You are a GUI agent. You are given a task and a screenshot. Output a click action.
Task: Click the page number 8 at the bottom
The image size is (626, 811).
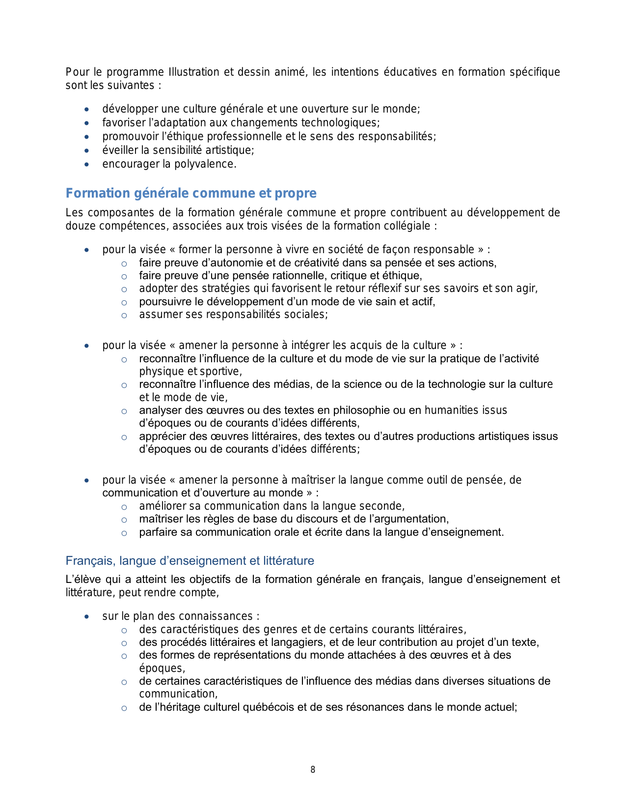coord(313,770)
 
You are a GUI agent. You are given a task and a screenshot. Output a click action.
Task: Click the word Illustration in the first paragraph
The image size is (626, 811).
coord(194,72)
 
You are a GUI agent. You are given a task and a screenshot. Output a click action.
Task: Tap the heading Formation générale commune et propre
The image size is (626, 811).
coord(191,193)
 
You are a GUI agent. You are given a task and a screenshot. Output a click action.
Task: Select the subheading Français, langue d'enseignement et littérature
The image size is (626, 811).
coord(190,561)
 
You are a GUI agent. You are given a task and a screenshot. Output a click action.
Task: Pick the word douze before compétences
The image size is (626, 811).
coord(79,226)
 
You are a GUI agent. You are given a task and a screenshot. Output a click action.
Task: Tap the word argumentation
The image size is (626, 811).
coord(415,519)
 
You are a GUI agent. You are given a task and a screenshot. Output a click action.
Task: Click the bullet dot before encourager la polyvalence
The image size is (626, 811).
coord(87,165)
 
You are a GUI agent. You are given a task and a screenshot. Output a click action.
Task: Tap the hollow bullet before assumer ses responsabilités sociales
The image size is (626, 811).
coord(124,316)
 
